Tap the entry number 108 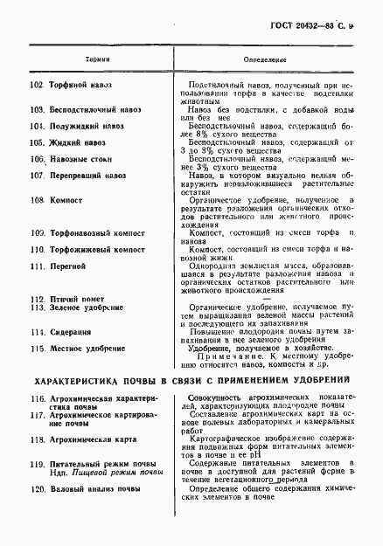point(37,200)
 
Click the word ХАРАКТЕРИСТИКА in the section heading point(81,382)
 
